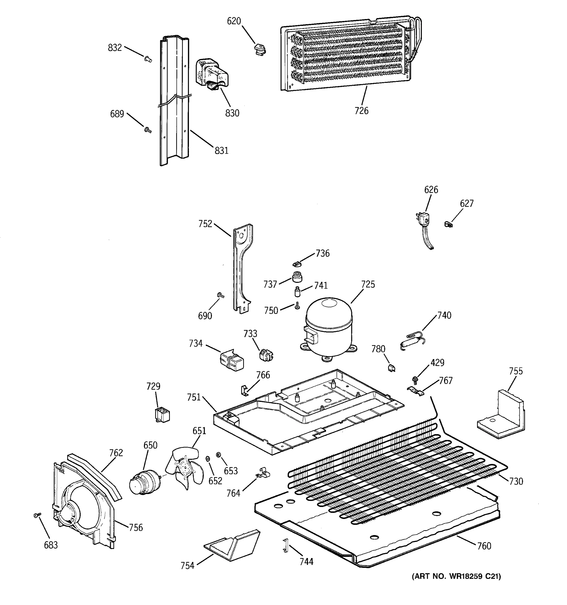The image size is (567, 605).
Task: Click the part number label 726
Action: [361, 111]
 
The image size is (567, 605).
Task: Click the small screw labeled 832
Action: [148, 59]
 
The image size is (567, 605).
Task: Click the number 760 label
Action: [484, 546]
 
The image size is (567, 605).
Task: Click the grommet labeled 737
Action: [297, 277]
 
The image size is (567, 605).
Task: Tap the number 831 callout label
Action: [221, 150]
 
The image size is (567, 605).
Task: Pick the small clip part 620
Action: [260, 50]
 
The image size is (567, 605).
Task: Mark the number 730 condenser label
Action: [516, 481]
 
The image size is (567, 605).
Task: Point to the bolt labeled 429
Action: [414, 379]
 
